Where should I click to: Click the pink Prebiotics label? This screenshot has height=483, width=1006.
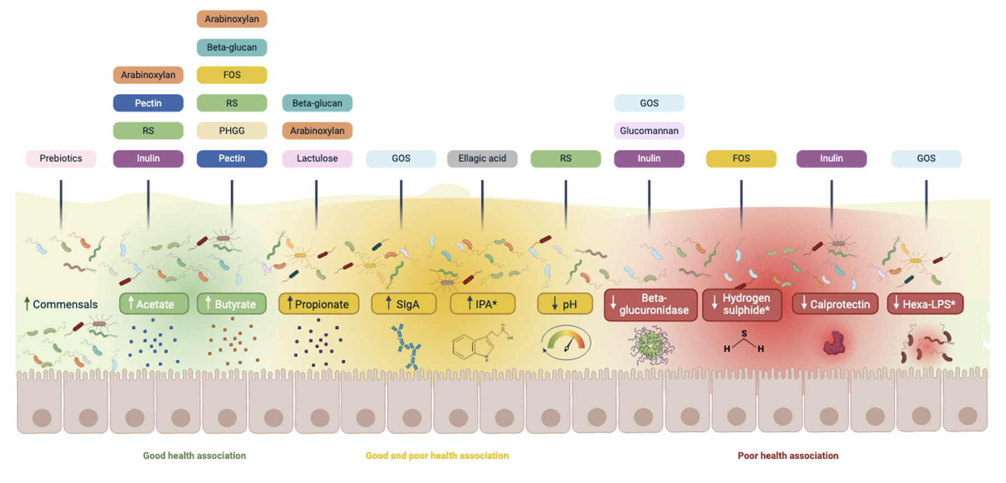click(x=61, y=158)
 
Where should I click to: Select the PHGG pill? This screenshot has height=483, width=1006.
click(x=232, y=130)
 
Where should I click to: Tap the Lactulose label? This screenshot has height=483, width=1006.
click(x=317, y=158)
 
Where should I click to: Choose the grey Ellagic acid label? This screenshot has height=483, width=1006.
click(x=482, y=158)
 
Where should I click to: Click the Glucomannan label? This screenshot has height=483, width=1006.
click(x=649, y=130)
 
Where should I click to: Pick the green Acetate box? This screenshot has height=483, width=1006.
click(x=154, y=304)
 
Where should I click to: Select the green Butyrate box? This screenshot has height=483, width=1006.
click(x=232, y=304)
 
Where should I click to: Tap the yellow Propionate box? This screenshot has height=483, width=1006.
click(x=319, y=304)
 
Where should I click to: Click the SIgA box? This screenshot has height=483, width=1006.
click(x=404, y=304)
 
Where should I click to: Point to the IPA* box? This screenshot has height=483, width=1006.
click(x=482, y=304)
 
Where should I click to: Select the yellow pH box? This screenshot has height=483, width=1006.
click(x=565, y=304)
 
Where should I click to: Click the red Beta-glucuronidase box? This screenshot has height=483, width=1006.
click(x=650, y=304)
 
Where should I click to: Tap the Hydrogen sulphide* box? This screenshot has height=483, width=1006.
click(x=742, y=304)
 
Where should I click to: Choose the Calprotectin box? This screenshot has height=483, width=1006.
click(x=835, y=304)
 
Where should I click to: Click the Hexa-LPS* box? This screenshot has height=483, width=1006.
click(x=925, y=304)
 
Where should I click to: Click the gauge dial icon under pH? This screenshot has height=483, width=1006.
click(x=566, y=343)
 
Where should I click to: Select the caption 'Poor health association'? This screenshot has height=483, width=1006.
click(x=788, y=456)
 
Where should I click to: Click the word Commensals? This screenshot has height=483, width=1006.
click(x=64, y=304)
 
